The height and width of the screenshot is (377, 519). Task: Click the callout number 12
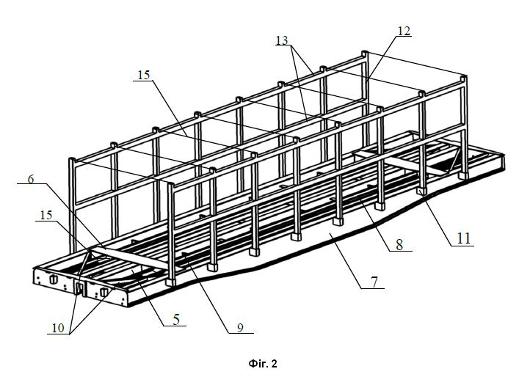(x=404, y=31)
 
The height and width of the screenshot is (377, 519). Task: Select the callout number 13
(x=282, y=40)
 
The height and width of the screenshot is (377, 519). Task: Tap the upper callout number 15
(x=144, y=75)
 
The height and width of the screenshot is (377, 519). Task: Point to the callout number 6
(x=31, y=179)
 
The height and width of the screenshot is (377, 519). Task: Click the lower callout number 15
(x=46, y=215)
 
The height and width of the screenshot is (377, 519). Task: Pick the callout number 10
(x=57, y=328)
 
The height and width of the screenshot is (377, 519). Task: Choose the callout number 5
(x=176, y=319)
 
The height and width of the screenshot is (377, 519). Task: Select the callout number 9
(x=240, y=327)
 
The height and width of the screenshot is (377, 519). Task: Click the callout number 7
(x=374, y=282)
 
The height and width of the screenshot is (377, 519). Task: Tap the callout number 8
(x=399, y=245)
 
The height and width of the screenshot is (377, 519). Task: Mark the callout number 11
(x=463, y=238)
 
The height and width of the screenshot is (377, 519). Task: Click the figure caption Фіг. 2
(x=263, y=364)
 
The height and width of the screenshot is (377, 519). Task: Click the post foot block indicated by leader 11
(x=421, y=191)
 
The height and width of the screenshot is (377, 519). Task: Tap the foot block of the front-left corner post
(x=171, y=282)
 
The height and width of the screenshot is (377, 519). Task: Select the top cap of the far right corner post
(x=465, y=78)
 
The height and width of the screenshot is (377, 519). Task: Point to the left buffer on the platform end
(x=53, y=279)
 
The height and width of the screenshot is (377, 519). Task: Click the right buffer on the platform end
(x=104, y=292)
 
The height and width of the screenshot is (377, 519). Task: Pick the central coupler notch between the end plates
(x=80, y=287)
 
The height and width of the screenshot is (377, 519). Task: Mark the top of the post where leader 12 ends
(x=365, y=54)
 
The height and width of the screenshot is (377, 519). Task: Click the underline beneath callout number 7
(x=372, y=289)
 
